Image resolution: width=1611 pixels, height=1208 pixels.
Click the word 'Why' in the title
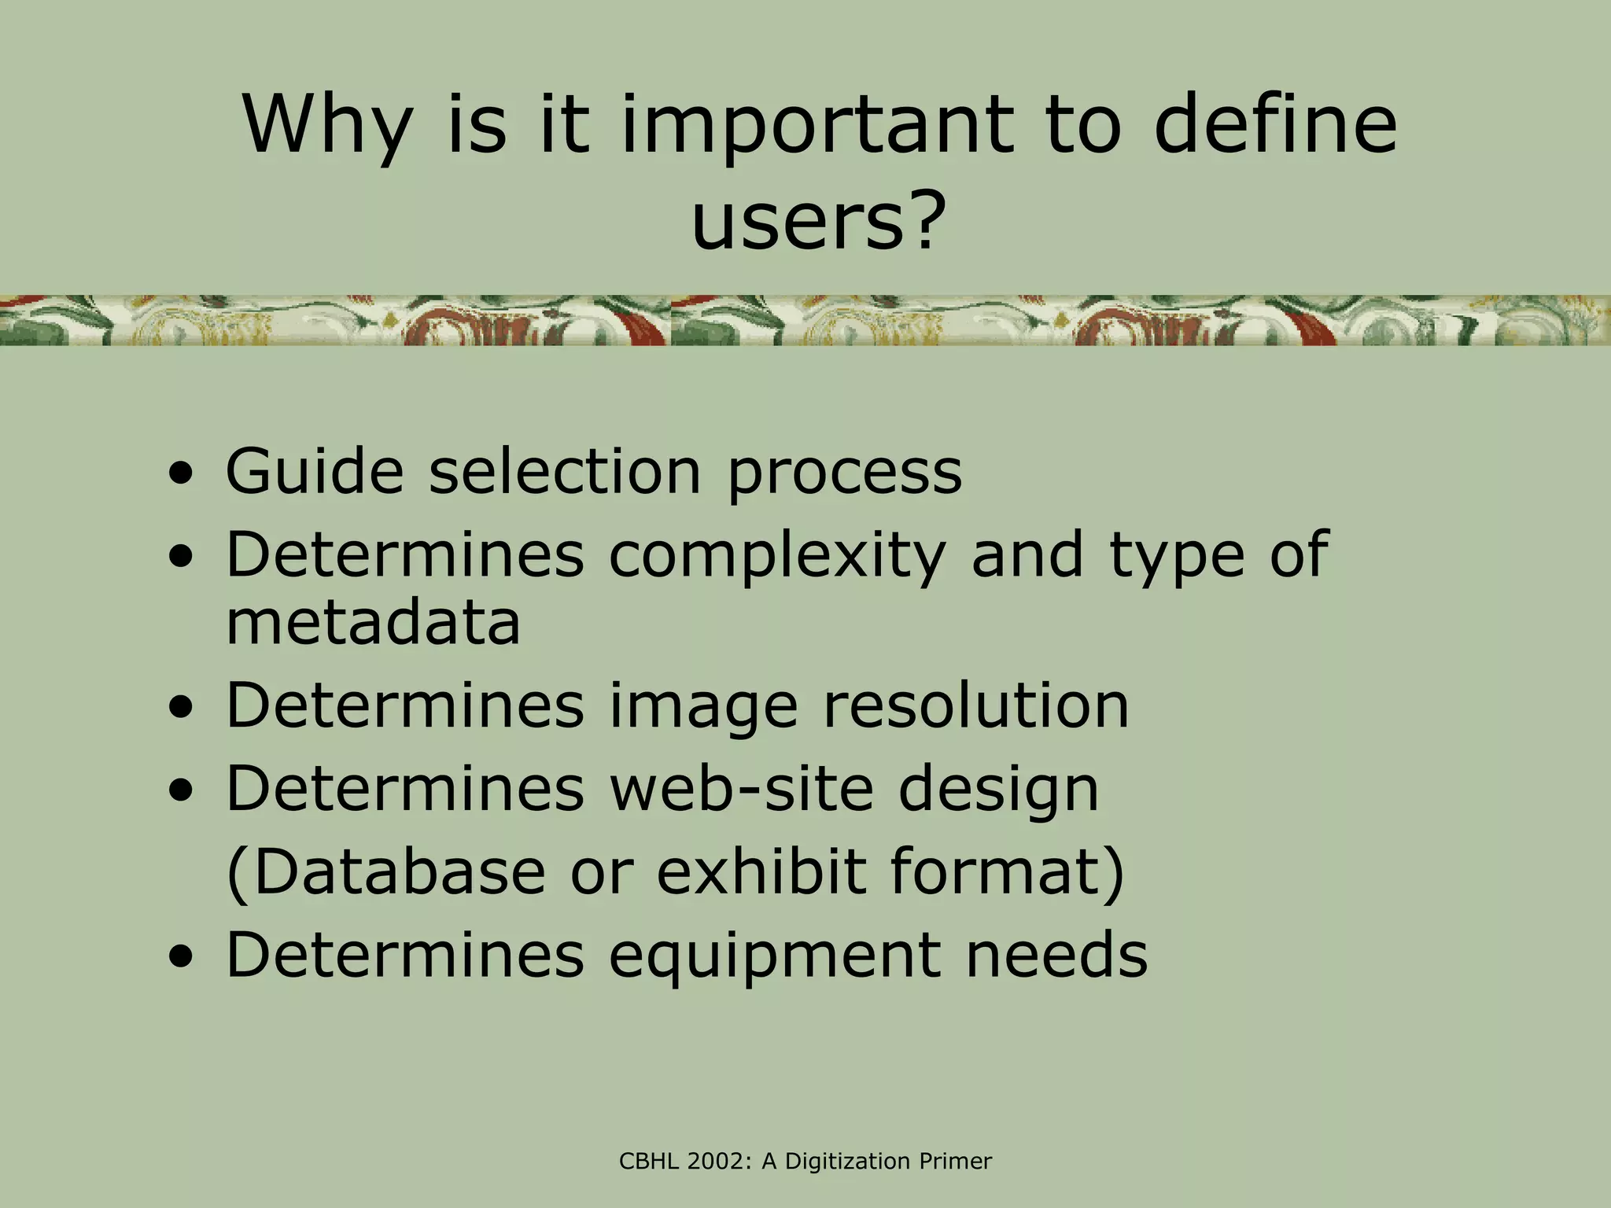pyautogui.click(x=327, y=126)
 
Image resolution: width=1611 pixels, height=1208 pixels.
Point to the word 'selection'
pyautogui.click(x=565, y=472)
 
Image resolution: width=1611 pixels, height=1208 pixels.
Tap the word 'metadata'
pyautogui.click(x=373, y=623)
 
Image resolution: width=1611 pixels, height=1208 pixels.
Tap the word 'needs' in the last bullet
pyautogui.click(x=1056, y=955)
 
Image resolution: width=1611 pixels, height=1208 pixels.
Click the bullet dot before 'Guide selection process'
pyautogui.click(x=182, y=475)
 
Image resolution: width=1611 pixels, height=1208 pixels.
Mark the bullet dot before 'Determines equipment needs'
pyautogui.click(x=182, y=959)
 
